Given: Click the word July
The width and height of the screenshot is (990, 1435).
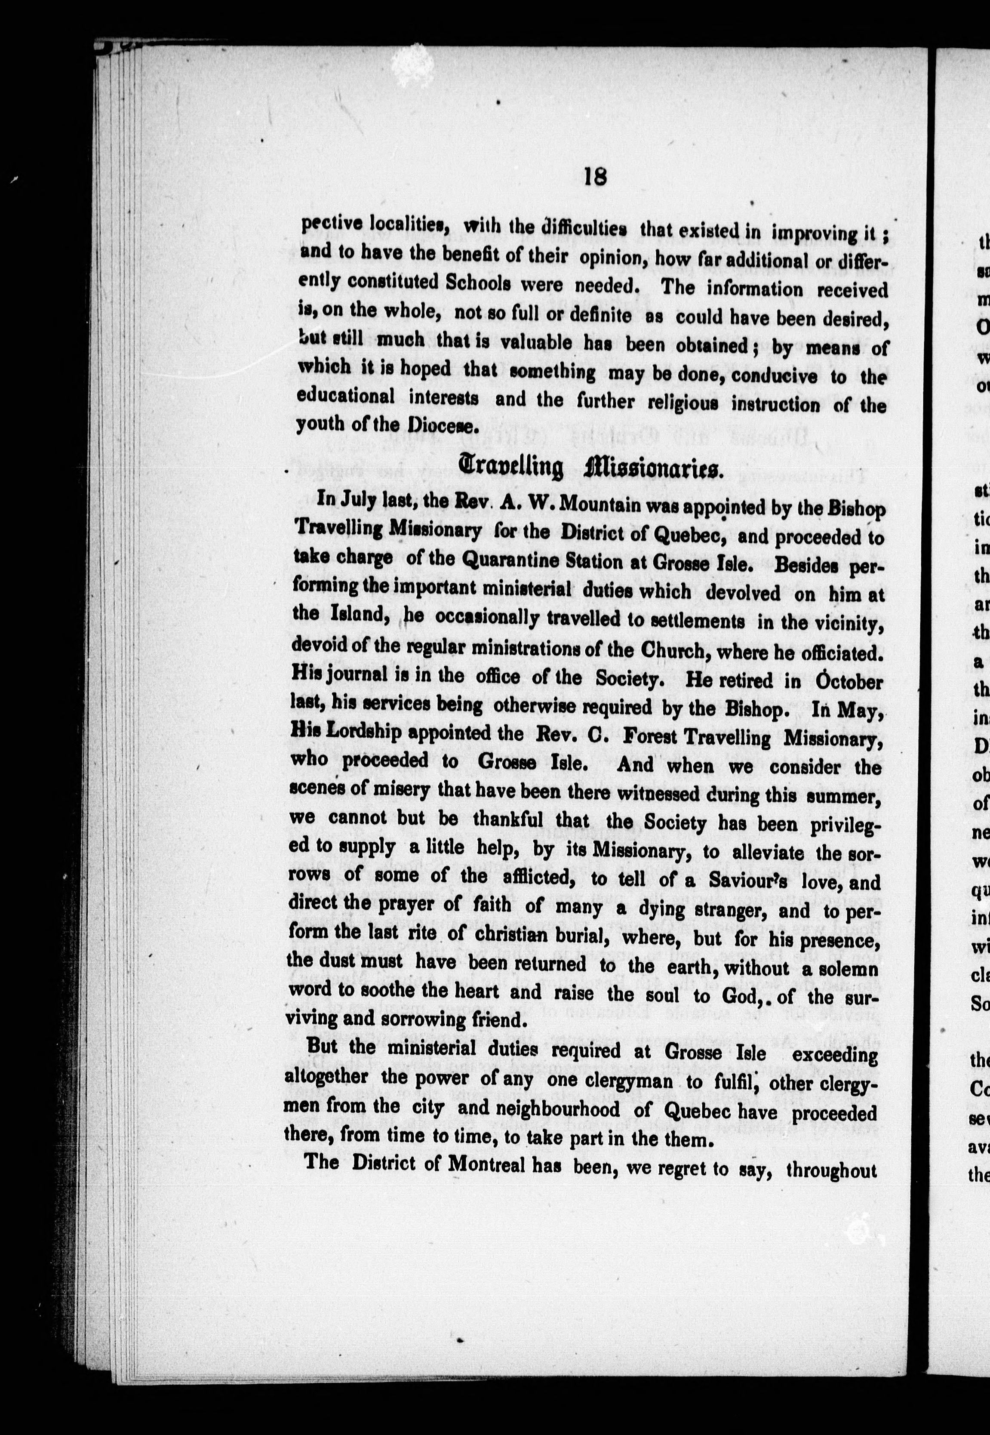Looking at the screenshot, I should pyautogui.click(x=365, y=500).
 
